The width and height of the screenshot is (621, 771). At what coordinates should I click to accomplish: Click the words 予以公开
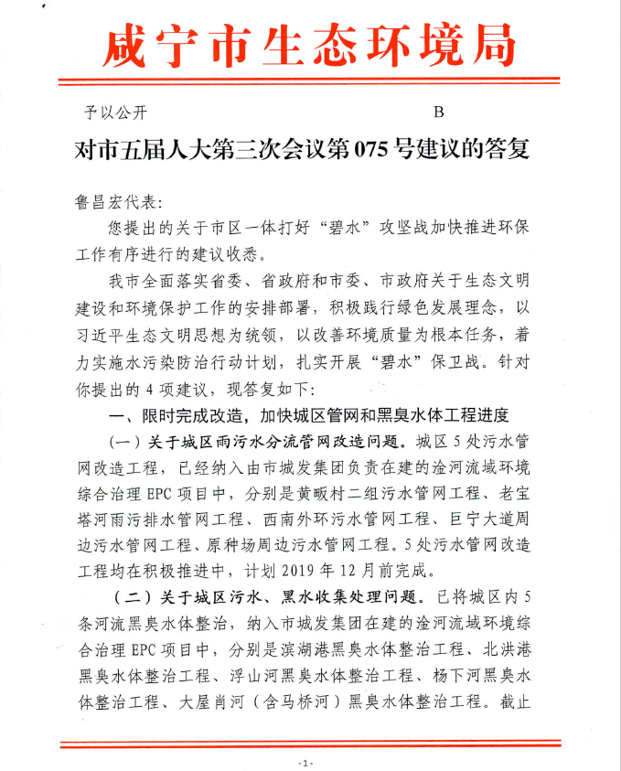[116, 113]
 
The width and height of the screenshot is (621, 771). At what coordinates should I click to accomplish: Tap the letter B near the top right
[438, 112]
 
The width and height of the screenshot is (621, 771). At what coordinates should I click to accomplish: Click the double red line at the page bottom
[308, 744]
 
